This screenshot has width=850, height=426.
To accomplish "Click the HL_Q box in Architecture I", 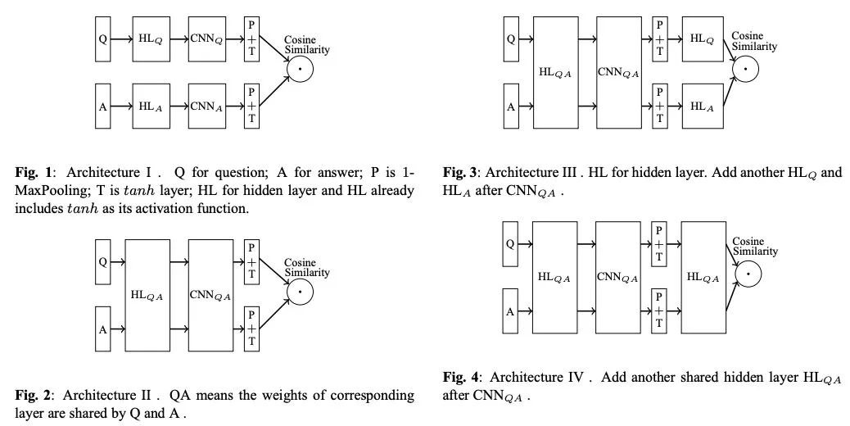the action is pos(151,39).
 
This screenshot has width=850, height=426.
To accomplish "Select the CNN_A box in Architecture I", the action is pos(207,106).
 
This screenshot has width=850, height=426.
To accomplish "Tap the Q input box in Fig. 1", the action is pos(103,39).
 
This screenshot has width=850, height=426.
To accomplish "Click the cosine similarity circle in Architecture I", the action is pos(300,70).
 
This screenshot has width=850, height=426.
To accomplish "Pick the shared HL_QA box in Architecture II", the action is pos(147,296).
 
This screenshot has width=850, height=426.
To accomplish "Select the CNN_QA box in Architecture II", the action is pos(211,296).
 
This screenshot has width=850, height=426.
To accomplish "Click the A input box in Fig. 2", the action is pos(103,329).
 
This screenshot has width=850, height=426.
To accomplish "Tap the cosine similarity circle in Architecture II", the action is pos(300,292).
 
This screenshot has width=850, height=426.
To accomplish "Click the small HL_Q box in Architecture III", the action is pos(703,39).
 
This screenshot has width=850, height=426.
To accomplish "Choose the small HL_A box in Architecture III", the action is pos(703,106).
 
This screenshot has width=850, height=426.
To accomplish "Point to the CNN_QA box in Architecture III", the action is pos(618,73).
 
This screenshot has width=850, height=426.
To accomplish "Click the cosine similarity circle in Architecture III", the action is pos(746,70).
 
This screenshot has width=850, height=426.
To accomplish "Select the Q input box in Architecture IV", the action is pos(510,244).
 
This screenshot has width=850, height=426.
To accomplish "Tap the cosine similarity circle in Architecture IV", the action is pos(748,274).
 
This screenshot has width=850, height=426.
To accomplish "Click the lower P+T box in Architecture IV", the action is pos(658,311).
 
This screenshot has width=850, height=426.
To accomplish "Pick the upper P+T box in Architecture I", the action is pos(251,39).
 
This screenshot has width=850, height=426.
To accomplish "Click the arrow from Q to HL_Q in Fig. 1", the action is pos(121,39).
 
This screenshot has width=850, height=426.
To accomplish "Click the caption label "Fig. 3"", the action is pos(459,173).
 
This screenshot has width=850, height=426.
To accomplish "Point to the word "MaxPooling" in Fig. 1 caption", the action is pos(47,191).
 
